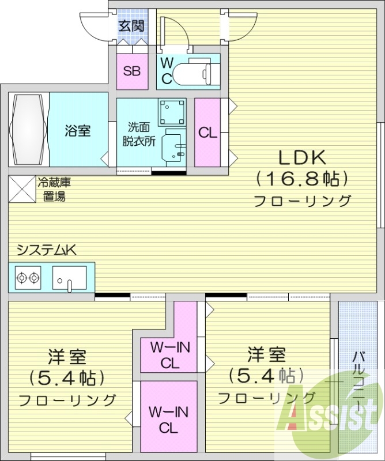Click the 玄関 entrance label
tap(131, 26)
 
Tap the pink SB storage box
tap(132, 71)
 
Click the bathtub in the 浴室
tap(28, 130)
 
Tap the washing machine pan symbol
tap(172, 112)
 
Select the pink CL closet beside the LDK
tap(207, 133)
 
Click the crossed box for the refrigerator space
tap(21, 189)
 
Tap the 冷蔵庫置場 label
tap(54, 190)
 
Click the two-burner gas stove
tap(28, 278)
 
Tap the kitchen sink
tap(69, 278)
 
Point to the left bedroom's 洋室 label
tap(67, 357)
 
